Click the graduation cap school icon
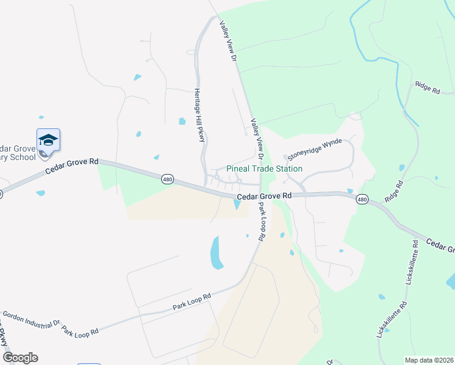pos(48,141)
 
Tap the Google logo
pos(19,358)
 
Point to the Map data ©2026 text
pos(429,360)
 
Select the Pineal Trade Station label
pos(264,169)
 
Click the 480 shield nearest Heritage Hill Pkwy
pos(168,179)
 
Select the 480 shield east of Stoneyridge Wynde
pos(363,199)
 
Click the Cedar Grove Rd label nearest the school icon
pos(71,167)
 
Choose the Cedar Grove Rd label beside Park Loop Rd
pos(264,196)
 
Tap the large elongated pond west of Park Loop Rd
pos(216,253)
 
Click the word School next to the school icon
pos(24,156)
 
